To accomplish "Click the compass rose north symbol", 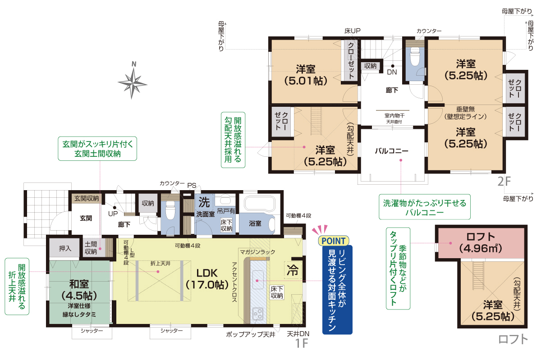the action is pyautogui.click(x=133, y=81).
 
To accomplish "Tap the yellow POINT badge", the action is pyautogui.click(x=334, y=241).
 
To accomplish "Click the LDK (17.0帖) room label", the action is pyautogui.click(x=207, y=279).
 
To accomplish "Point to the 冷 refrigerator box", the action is pyautogui.click(x=293, y=270).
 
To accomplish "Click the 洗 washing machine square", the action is pyautogui.click(x=204, y=202).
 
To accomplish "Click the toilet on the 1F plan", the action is pyautogui.click(x=170, y=210).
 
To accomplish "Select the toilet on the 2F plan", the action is pyautogui.click(x=415, y=56).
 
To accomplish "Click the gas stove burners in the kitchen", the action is pyautogui.click(x=258, y=314).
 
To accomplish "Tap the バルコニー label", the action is pyautogui.click(x=391, y=151).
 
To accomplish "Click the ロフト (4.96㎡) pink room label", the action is pyautogui.click(x=481, y=242).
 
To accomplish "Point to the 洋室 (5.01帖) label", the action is pyautogui.click(x=306, y=75).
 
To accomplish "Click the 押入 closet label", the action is pyautogui.click(x=65, y=248).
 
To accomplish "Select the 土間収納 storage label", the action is pyautogui.click(x=91, y=248).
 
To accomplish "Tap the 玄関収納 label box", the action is pyautogui.click(x=87, y=198).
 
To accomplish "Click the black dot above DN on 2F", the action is pyautogui.click(x=393, y=66).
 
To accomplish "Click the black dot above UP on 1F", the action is pyautogui.click(x=115, y=208).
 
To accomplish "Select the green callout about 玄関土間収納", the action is pyautogui.click(x=97, y=149).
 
